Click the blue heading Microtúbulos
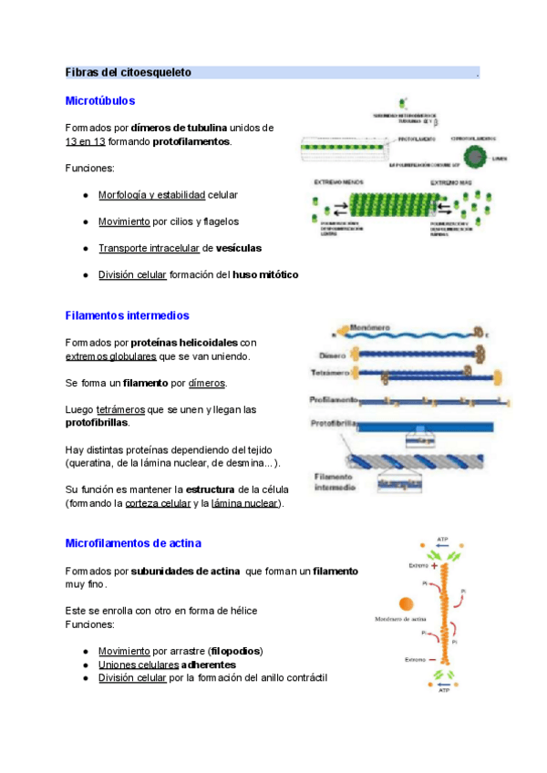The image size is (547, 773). [x=100, y=100]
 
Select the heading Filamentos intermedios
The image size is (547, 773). [x=127, y=315]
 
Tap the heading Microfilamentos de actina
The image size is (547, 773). [x=133, y=543]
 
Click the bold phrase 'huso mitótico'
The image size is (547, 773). [x=265, y=274]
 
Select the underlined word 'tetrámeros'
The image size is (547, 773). [x=123, y=410]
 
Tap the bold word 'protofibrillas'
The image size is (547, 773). [x=97, y=423]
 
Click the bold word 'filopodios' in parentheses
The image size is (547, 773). [x=235, y=651]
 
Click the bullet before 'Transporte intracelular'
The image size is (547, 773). [x=85, y=248]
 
